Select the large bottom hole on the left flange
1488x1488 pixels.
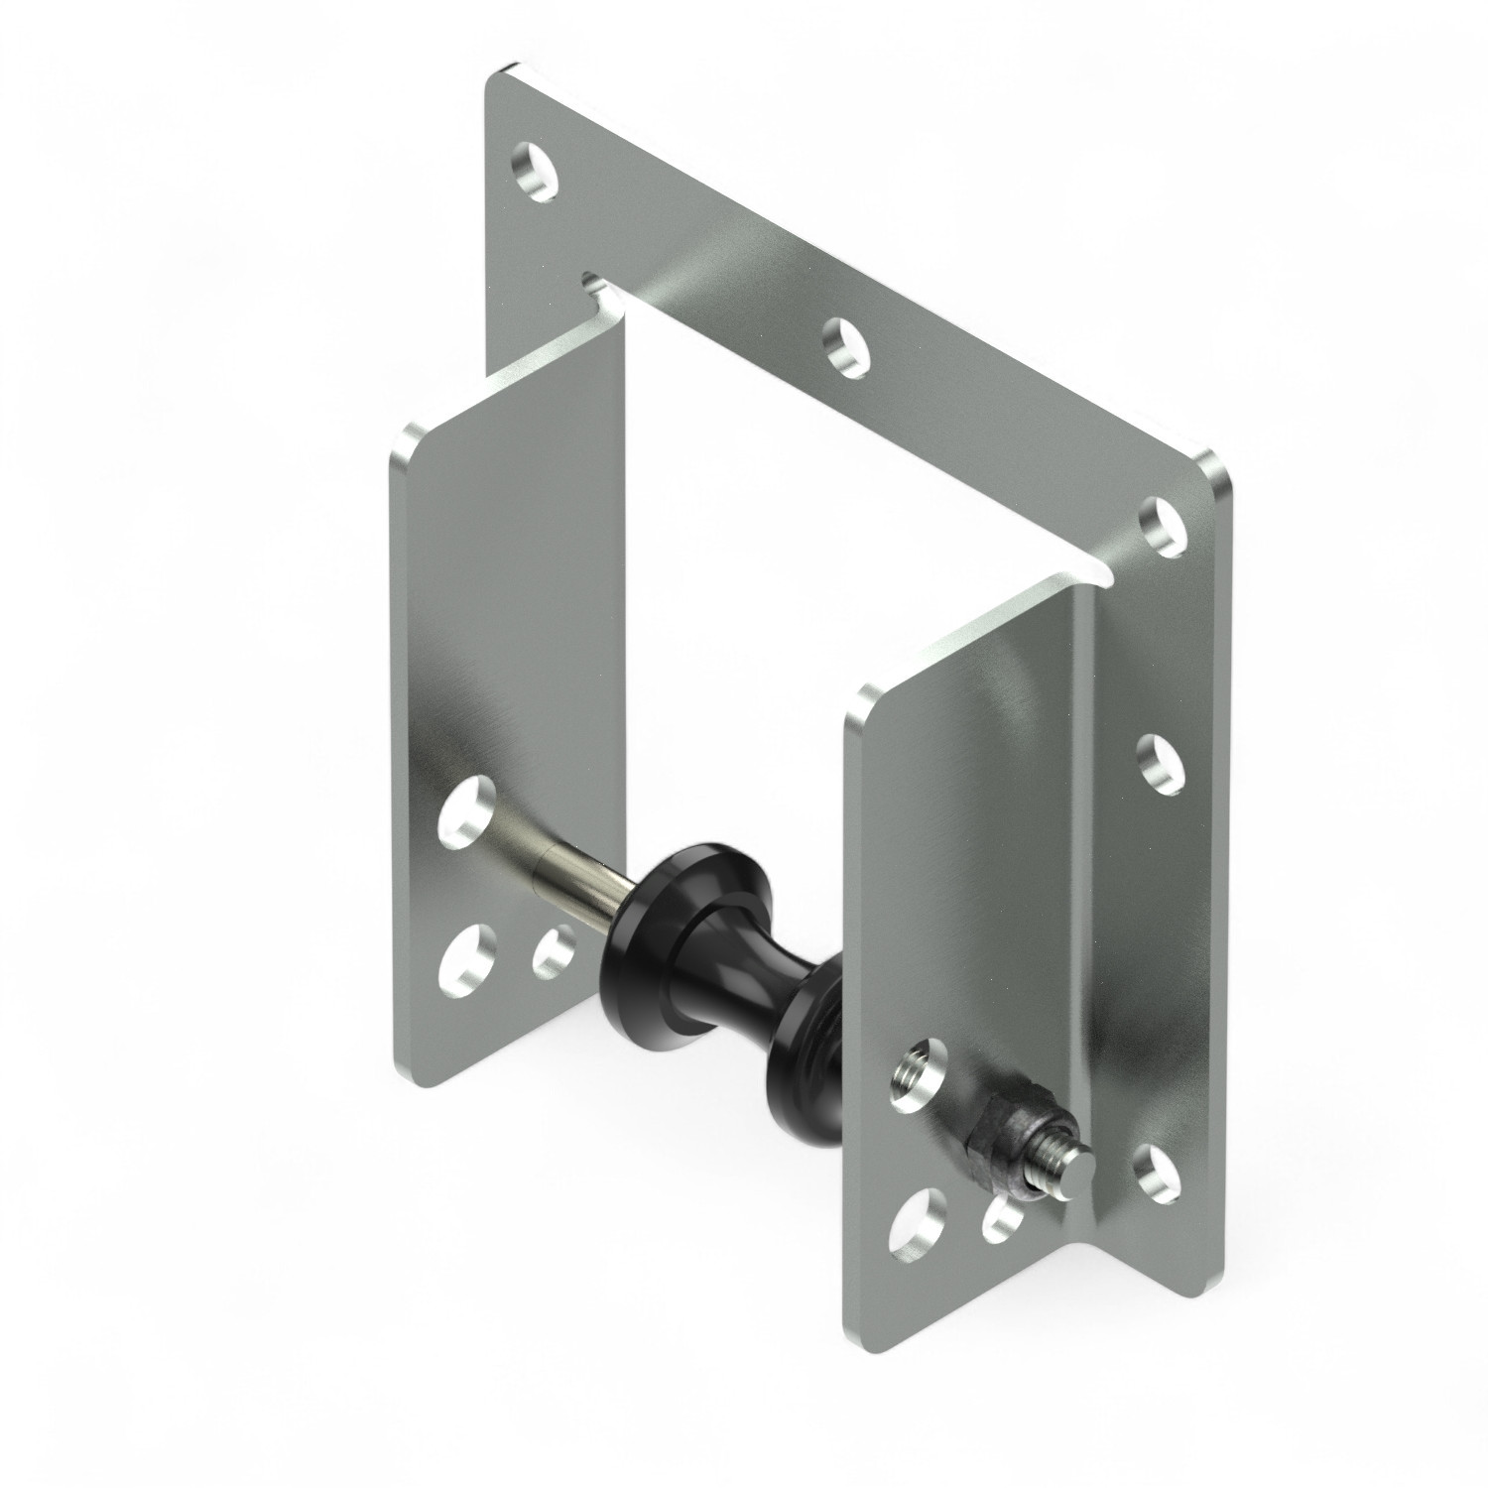point(467,958)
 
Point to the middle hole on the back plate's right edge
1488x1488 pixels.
point(1159,764)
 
